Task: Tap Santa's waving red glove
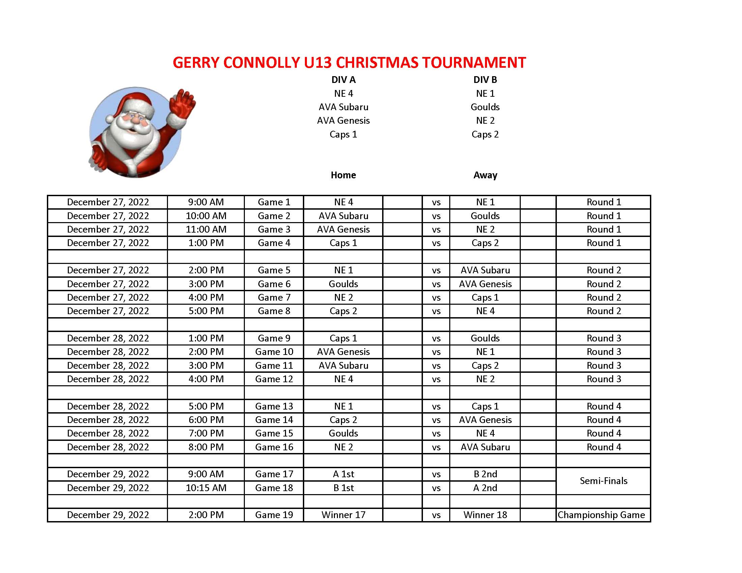tap(182, 103)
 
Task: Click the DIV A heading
tap(343, 80)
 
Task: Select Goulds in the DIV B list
tap(485, 107)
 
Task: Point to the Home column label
tap(343, 175)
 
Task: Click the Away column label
tap(485, 175)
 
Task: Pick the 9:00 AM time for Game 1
tap(206, 202)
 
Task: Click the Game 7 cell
tap(274, 298)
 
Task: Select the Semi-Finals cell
tap(603, 481)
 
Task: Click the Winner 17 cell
tap(343, 515)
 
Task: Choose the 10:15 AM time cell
tap(206, 488)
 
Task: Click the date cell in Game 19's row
tap(108, 515)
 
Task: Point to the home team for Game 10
tap(343, 352)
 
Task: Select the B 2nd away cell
tap(485, 474)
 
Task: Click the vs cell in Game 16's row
tap(436, 447)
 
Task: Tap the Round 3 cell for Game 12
tap(603, 379)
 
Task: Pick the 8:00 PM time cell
tap(206, 447)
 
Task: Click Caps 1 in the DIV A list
tap(343, 134)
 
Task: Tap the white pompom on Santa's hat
tap(110, 118)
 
